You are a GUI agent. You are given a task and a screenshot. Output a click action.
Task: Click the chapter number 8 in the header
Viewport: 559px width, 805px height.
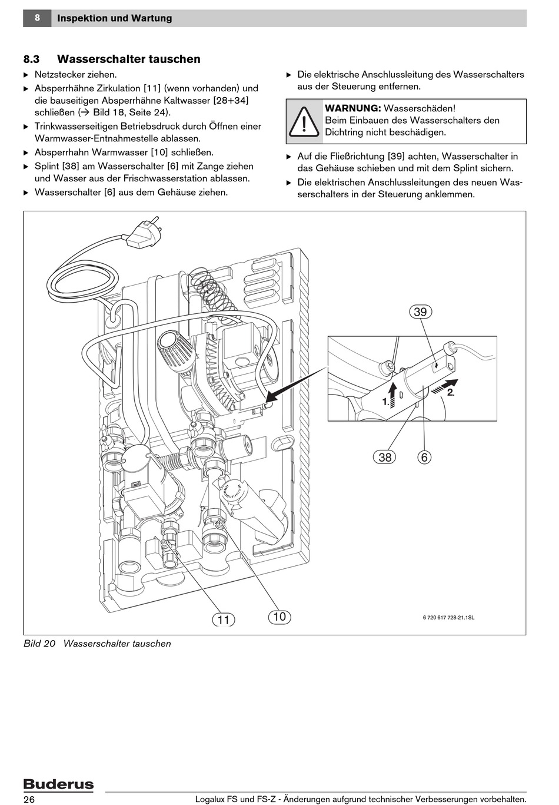[37, 18]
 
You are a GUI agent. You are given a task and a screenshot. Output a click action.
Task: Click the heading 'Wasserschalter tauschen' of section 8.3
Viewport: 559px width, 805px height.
[128, 59]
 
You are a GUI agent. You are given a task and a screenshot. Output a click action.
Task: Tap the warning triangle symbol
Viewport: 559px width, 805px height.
[304, 121]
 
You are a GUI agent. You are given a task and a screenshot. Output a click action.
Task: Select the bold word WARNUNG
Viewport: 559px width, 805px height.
[352, 108]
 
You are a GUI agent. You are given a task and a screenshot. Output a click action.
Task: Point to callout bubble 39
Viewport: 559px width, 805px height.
[420, 312]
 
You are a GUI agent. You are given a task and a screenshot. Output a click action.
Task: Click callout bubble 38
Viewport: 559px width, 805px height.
[385, 457]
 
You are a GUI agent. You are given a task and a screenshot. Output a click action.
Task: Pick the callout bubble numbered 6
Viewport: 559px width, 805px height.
[424, 457]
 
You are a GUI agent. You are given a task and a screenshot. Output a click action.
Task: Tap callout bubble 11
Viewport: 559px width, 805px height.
[223, 620]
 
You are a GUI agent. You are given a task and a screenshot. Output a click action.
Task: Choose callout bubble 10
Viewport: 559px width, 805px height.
[279, 617]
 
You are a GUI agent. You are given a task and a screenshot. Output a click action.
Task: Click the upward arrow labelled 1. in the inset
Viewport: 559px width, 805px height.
[392, 391]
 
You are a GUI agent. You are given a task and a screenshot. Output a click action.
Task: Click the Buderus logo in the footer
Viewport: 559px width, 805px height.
[58, 784]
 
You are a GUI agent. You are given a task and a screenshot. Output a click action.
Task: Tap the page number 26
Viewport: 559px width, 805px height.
[29, 799]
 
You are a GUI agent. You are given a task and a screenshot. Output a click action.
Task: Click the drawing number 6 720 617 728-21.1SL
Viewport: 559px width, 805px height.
[448, 617]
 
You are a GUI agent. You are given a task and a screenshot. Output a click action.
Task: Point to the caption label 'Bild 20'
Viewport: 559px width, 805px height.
[39, 644]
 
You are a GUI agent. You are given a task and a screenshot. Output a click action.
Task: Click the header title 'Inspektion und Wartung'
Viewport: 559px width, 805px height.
[115, 18]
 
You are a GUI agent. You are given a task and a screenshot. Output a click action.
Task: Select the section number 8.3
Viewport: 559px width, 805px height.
[31, 59]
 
